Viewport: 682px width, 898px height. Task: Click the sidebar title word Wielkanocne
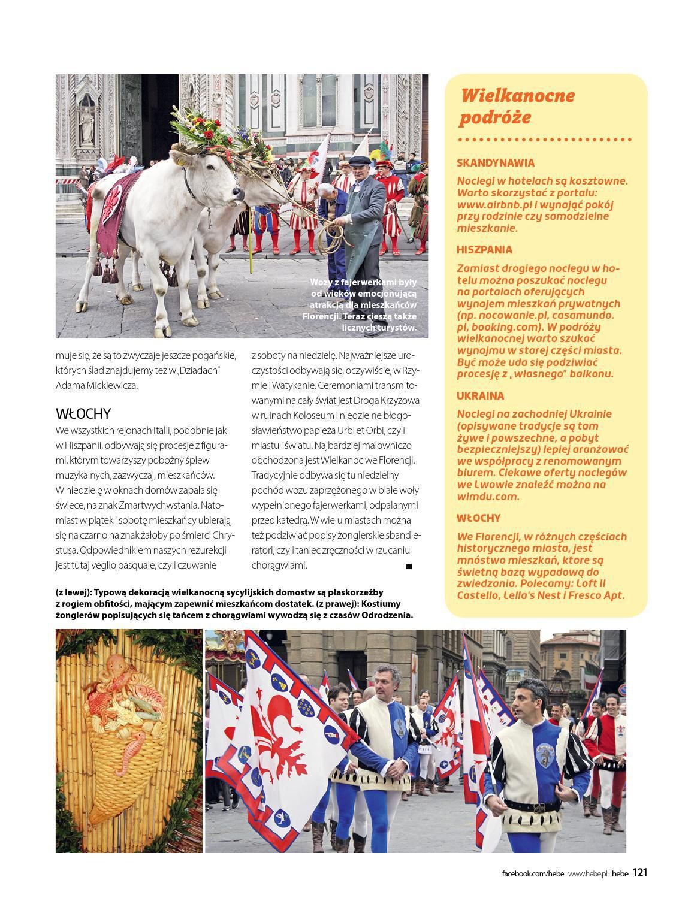click(518, 95)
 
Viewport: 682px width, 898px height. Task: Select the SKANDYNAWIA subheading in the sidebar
click(495, 162)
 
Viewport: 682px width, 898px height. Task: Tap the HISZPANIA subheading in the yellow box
click(485, 250)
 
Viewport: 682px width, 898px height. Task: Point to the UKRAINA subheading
click(480, 396)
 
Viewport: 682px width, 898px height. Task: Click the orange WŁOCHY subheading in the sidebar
click(478, 518)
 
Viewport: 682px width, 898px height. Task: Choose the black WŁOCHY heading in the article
click(83, 413)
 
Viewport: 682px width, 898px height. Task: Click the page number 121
click(639, 873)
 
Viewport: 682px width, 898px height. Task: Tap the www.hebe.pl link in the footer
click(588, 873)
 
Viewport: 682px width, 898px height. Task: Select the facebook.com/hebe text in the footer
click(532, 873)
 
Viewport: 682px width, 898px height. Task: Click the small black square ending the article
click(409, 566)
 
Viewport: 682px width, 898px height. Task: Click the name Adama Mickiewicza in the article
click(96, 385)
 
